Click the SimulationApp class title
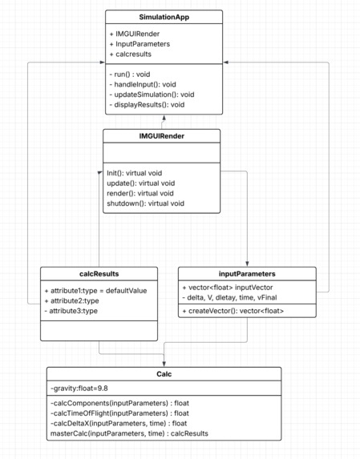pos(164,17)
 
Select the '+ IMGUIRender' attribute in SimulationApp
pos(136,33)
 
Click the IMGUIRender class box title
pos(161,135)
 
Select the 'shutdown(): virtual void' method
pos(146,203)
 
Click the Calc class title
pos(164,372)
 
